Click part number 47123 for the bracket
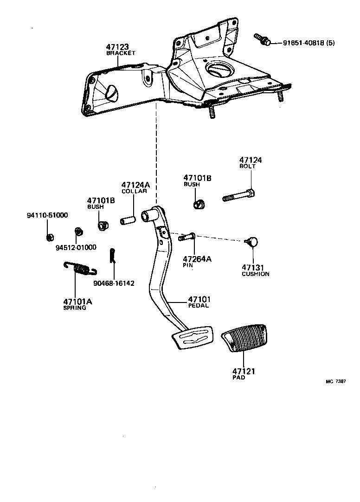[117, 47]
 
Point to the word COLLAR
[134, 191]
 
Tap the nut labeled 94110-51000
[49, 238]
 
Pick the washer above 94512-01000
[78, 231]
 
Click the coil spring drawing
[80, 268]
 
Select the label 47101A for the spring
[78, 302]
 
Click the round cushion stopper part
[252, 241]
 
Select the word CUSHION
[255, 274]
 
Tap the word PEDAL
[199, 306]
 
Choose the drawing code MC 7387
[335, 381]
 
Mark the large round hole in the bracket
[218, 69]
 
